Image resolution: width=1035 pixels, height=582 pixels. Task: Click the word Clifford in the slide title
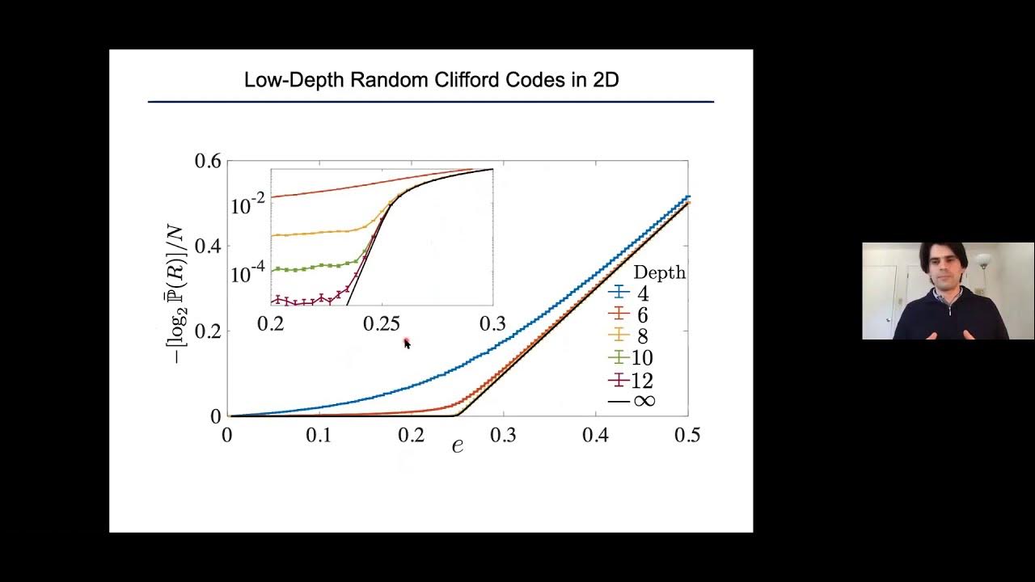point(465,80)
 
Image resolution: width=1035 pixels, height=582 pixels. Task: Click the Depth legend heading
point(659,273)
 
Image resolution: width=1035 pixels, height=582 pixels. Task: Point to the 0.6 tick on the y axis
point(208,161)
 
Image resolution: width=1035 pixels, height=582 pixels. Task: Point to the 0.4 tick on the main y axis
point(208,246)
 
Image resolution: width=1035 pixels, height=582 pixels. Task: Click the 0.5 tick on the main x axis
point(686,436)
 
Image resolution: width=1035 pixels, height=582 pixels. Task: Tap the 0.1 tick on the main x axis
point(319,436)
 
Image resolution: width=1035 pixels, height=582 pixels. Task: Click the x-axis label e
point(458,445)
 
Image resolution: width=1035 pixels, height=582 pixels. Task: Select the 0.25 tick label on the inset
point(382,324)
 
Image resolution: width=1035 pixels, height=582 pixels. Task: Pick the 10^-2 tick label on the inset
point(248,205)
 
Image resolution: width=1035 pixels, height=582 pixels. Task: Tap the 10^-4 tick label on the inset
point(248,274)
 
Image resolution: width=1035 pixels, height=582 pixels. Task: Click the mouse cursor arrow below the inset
point(407,344)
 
